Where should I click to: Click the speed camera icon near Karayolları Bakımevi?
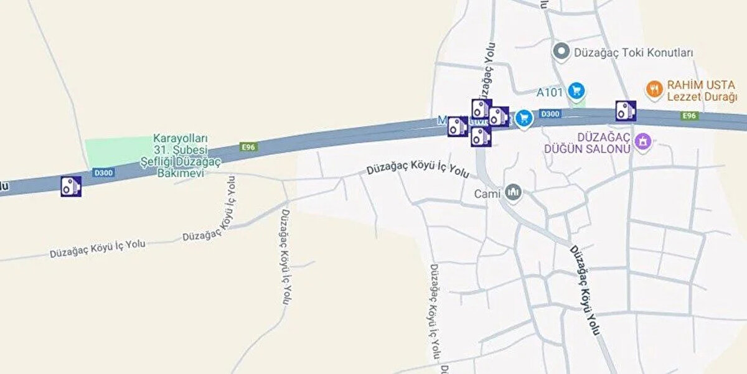tap(71, 186)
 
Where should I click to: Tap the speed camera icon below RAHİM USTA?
tap(626, 111)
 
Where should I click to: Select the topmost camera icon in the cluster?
tap(481, 109)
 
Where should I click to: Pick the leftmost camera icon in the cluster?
tap(458, 126)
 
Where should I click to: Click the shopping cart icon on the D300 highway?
tap(524, 116)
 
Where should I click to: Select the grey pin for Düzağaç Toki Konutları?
tap(562, 52)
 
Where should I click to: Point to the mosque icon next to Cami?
tap(514, 192)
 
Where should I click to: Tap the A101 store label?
tap(550, 93)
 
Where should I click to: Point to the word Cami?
tap(487, 194)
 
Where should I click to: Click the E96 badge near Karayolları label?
tap(248, 147)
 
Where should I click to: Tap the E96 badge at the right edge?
tap(688, 116)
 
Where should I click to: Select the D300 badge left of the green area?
tap(103, 172)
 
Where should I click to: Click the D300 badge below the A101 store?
tap(550, 114)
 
